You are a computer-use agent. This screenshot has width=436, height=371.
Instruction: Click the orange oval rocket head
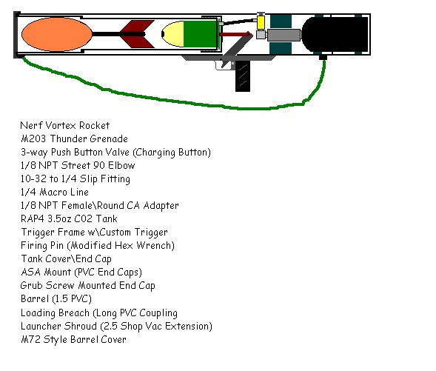57,34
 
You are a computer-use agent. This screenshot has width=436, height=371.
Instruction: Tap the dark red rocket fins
137,34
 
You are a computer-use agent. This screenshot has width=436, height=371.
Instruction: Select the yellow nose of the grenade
172,34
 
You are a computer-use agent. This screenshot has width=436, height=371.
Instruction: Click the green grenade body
201,34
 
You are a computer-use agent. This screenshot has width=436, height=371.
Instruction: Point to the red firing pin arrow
236,35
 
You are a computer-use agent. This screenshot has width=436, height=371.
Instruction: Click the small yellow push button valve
261,22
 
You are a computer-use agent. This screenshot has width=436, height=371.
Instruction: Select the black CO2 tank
335,34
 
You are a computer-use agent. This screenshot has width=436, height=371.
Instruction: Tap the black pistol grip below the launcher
243,76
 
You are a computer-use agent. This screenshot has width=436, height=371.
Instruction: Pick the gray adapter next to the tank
284,36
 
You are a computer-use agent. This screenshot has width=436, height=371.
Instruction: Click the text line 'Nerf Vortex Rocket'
65,125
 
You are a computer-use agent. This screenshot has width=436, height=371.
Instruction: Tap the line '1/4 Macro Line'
55,192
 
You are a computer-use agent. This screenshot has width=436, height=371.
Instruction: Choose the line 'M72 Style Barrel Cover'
74,339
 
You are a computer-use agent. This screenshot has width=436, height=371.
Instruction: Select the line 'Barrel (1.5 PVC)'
56,299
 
